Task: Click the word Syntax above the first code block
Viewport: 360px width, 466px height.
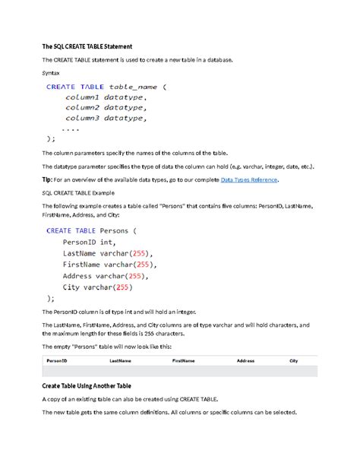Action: [x=52, y=73]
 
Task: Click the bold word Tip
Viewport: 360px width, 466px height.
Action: [x=47, y=179]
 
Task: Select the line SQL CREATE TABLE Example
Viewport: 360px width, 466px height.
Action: [x=81, y=193]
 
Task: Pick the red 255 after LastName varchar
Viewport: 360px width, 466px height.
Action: [x=140, y=253]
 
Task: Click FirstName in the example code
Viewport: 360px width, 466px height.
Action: [x=86, y=265]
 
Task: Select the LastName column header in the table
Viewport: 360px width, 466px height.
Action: [x=120, y=361]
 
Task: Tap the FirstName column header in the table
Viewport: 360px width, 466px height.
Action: [x=188, y=361]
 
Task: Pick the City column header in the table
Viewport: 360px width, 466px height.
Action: [x=293, y=361]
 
